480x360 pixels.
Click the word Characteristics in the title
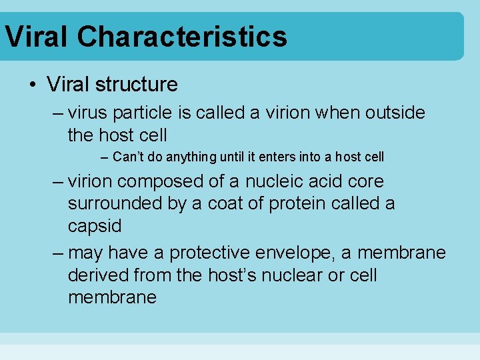pos(182,36)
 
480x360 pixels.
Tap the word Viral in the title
pos(37,36)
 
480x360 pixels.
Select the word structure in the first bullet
pos(137,85)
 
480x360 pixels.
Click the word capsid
pos(95,226)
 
